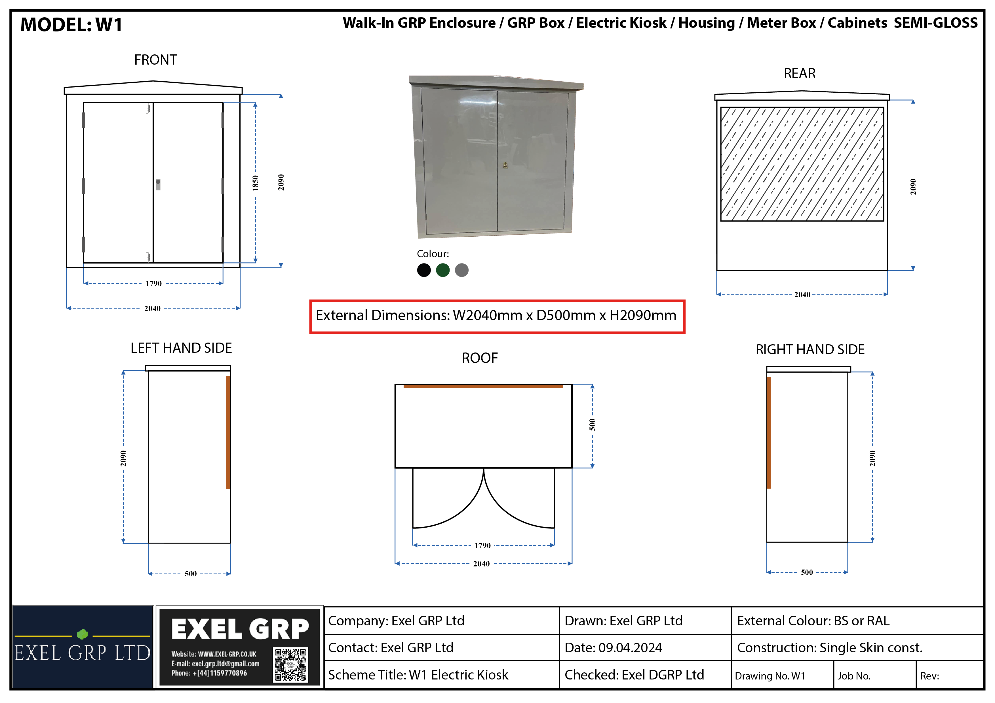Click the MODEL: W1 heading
click(71, 25)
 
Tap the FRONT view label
click(156, 60)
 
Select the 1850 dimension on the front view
click(255, 183)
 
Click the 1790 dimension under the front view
click(153, 284)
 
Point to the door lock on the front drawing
click(158, 184)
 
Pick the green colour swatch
click(442, 270)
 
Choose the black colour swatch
click(424, 270)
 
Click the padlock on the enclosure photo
click(505, 165)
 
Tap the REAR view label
click(800, 74)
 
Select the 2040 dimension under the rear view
click(802, 295)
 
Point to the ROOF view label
click(480, 358)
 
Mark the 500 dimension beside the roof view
click(593, 425)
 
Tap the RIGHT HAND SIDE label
click(810, 349)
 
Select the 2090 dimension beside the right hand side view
click(872, 458)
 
